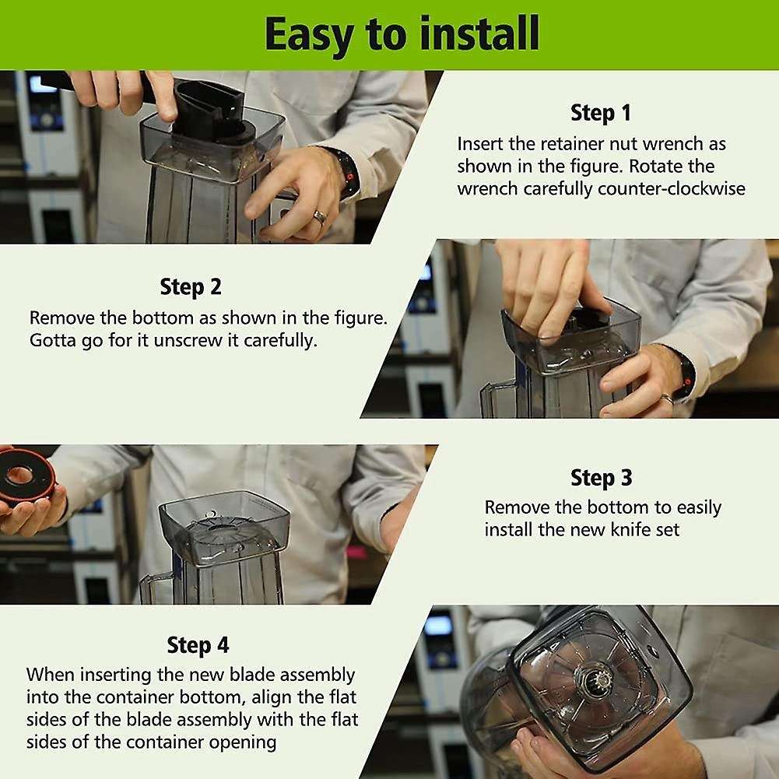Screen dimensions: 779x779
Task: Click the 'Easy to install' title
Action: (x=402, y=33)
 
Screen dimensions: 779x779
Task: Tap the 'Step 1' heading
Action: (x=601, y=113)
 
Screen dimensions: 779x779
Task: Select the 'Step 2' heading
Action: (x=191, y=286)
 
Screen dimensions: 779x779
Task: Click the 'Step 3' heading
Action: (x=601, y=477)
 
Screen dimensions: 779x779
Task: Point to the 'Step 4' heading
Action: (x=198, y=645)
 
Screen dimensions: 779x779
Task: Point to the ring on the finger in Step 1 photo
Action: (x=319, y=216)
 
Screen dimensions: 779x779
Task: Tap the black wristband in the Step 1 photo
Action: (x=346, y=174)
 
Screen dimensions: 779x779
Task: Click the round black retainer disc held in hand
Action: (x=25, y=476)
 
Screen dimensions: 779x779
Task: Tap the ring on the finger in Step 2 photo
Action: (x=667, y=398)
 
